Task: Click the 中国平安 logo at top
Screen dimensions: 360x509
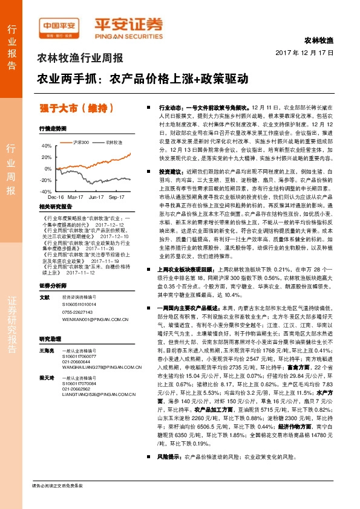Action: coord(58,25)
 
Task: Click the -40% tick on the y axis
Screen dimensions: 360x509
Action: coord(46,191)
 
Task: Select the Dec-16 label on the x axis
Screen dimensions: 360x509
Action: coord(56,197)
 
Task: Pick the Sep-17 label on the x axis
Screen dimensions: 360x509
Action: coord(115,197)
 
